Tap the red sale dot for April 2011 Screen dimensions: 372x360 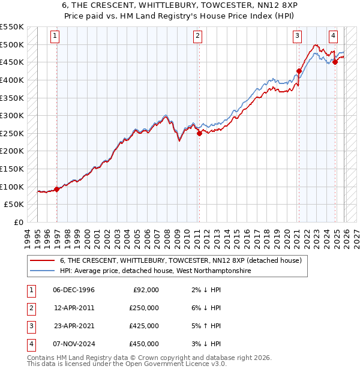(x=199, y=134)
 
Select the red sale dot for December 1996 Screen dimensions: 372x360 (x=57, y=190)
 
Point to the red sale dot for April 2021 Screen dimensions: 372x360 (x=299, y=71)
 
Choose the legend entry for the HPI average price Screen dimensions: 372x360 (x=155, y=271)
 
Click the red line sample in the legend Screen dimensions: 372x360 (x=42, y=260)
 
